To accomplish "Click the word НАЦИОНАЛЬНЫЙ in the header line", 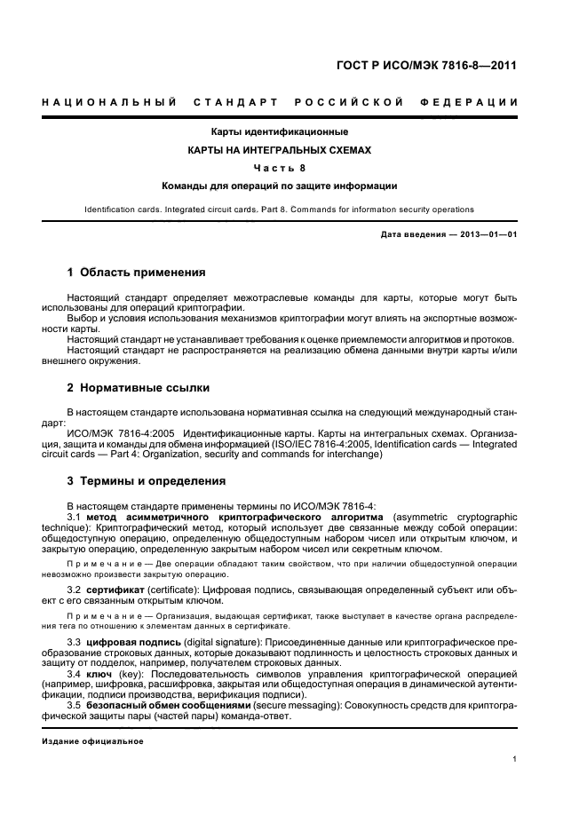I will click(107, 103).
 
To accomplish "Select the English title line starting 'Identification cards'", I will click(279, 210).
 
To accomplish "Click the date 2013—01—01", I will click(485, 233).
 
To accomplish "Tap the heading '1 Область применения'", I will click(137, 273).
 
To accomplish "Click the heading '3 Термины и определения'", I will click(147, 481).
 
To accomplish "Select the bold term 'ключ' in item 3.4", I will click(100, 674).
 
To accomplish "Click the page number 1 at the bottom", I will click(516, 759).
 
